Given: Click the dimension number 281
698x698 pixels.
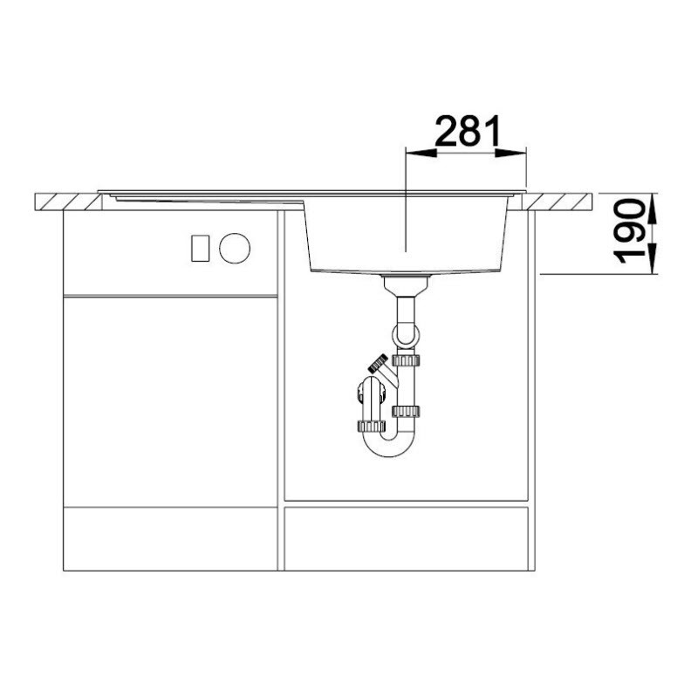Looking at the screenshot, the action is (468, 132).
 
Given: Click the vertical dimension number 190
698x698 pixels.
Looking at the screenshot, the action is (629, 231).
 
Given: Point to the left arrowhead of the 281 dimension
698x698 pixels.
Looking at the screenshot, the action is (421, 153).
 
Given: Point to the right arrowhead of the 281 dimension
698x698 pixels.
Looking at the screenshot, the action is (510, 153).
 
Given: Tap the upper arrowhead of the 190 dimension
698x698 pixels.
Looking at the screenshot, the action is (652, 209).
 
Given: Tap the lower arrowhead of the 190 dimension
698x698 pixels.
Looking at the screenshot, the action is (652, 258).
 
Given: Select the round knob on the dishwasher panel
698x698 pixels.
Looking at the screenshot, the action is (235, 248).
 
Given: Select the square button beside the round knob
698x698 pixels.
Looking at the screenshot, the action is (201, 248).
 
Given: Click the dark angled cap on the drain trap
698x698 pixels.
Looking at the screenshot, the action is (378, 363).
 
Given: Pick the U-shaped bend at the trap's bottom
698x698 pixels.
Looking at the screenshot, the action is (387, 448).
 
